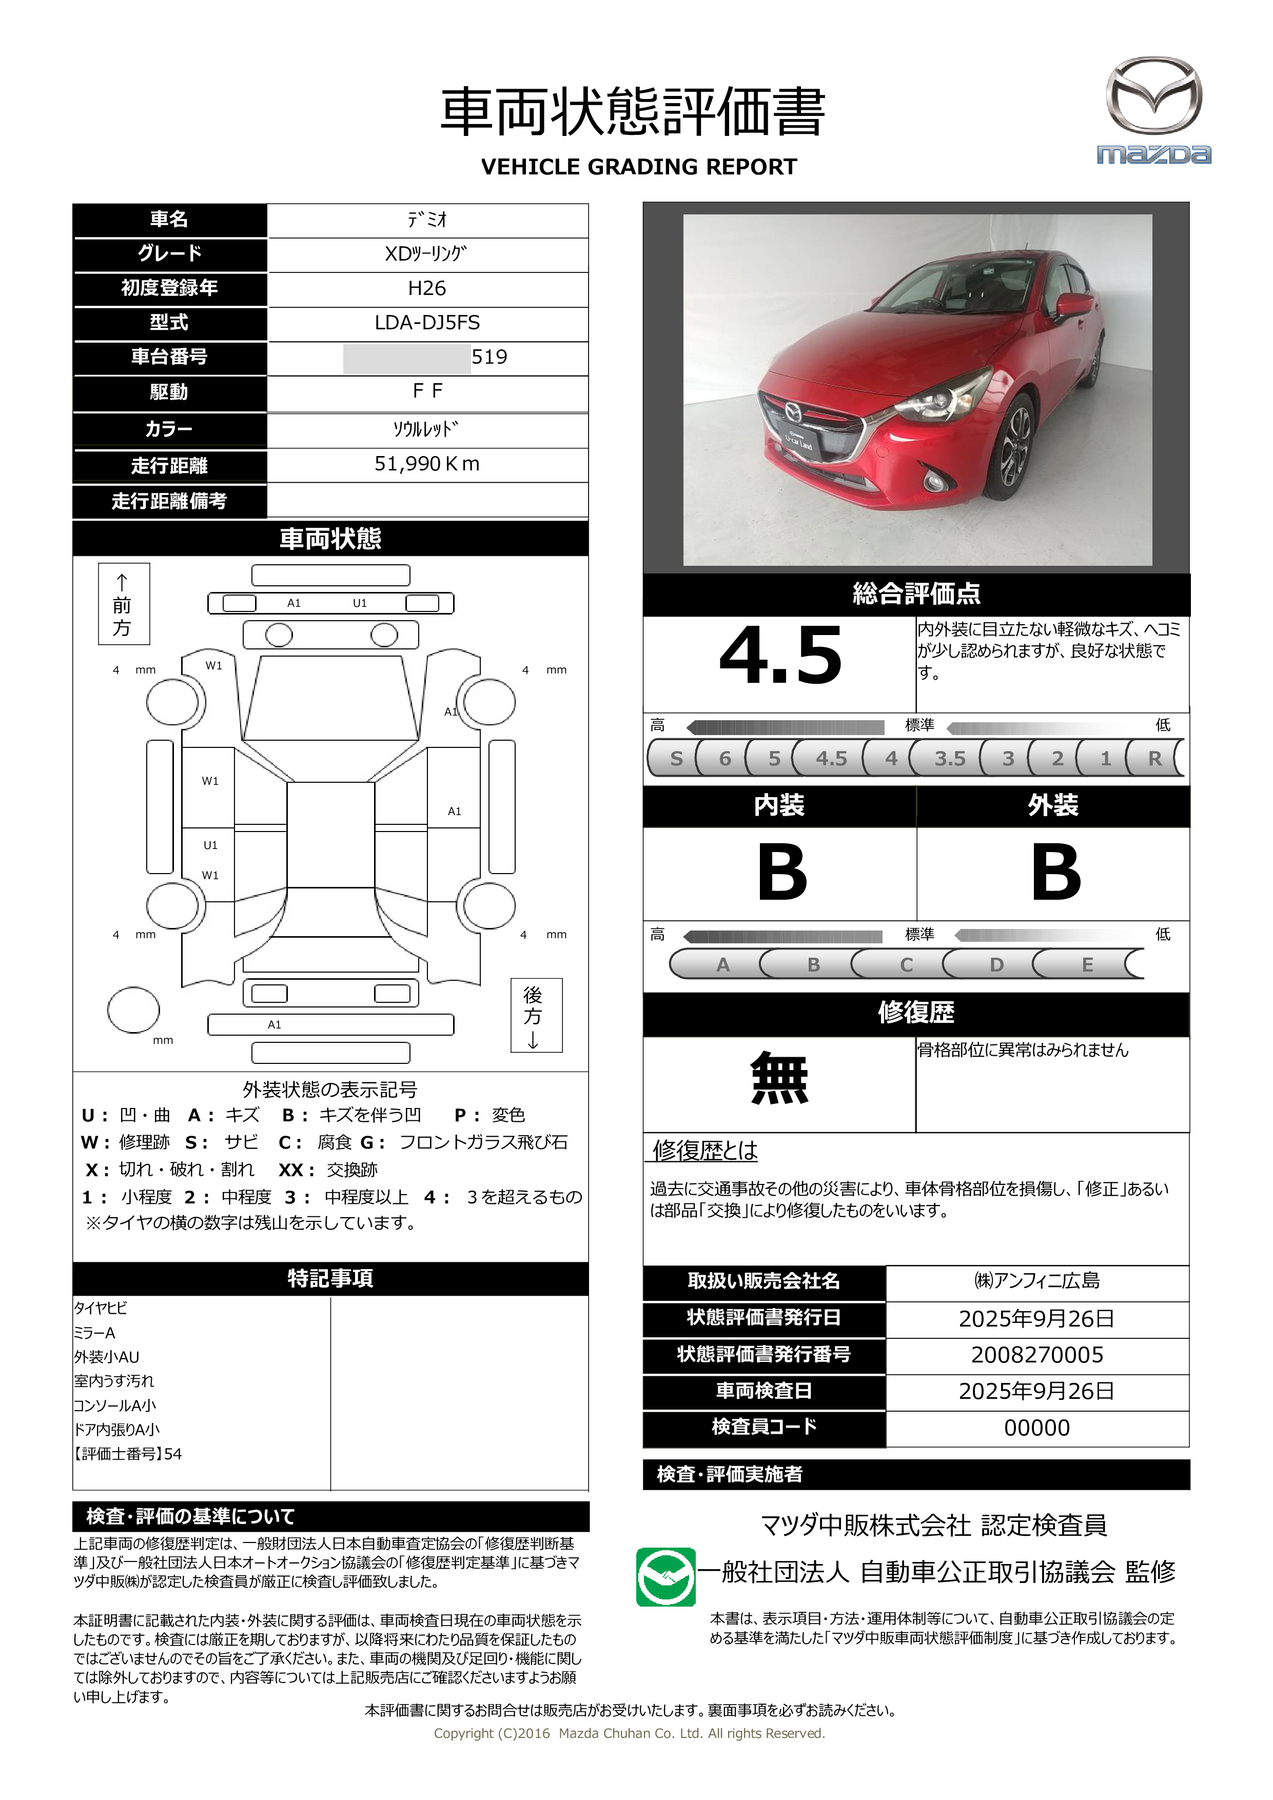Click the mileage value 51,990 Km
(x=427, y=464)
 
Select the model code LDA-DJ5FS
(x=427, y=322)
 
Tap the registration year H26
(x=427, y=288)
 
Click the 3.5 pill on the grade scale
(x=949, y=758)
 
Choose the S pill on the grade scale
(x=676, y=758)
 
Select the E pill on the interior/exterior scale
(x=1087, y=964)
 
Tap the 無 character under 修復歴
(x=779, y=1079)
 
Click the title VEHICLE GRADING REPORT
(x=638, y=167)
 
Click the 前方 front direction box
(x=123, y=604)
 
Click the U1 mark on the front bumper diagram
(x=359, y=603)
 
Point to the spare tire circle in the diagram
(x=133, y=1010)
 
